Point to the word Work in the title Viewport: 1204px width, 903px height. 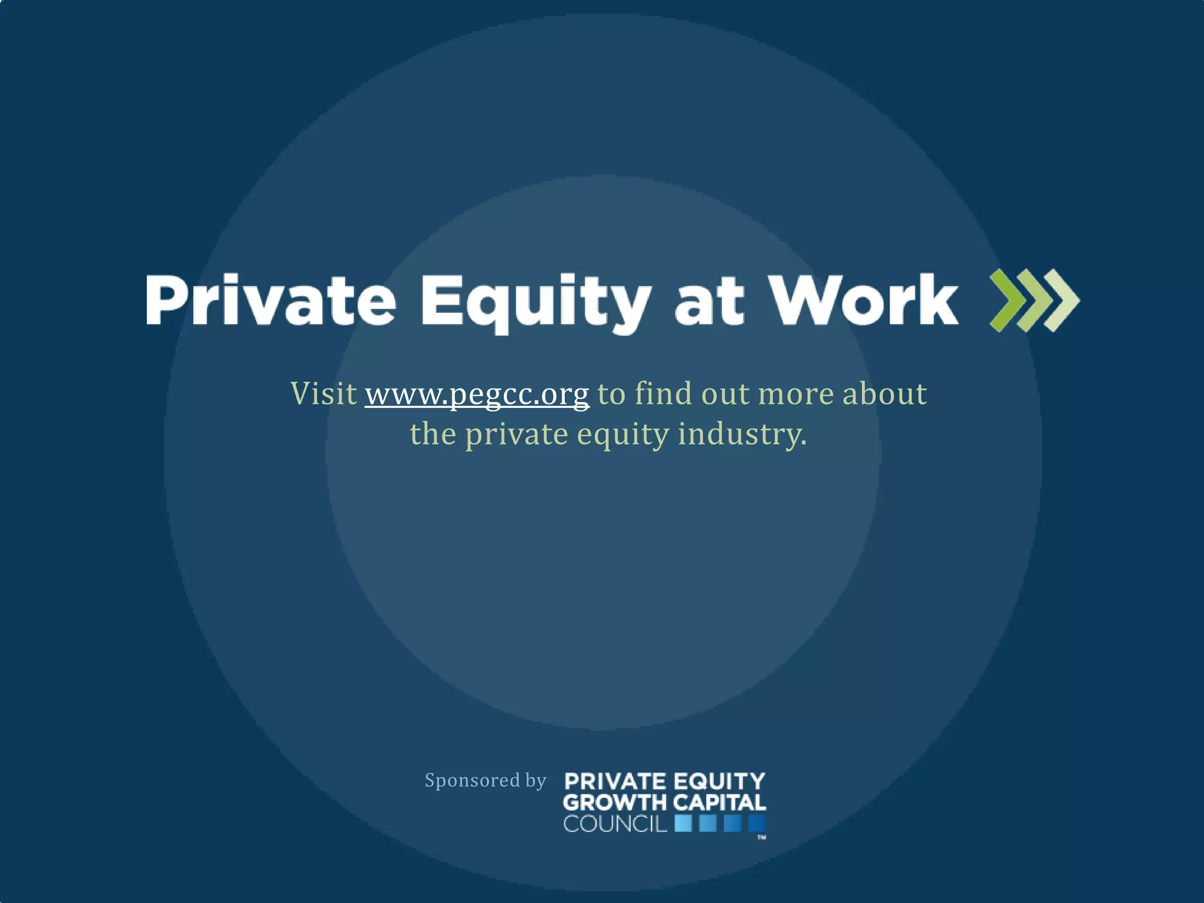864,300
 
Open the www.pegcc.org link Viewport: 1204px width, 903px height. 477,394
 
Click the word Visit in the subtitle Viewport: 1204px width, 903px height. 324,393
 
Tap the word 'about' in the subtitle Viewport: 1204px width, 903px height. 885,393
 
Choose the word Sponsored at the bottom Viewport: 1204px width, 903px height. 472,780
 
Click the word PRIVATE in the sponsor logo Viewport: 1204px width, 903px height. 615,782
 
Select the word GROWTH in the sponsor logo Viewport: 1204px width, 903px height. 615,802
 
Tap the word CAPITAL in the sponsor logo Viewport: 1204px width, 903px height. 720,802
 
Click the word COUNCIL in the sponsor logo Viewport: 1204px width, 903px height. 615,824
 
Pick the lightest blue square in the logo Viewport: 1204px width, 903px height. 683,824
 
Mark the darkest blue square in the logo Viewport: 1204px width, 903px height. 757,824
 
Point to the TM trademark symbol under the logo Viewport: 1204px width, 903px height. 761,837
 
